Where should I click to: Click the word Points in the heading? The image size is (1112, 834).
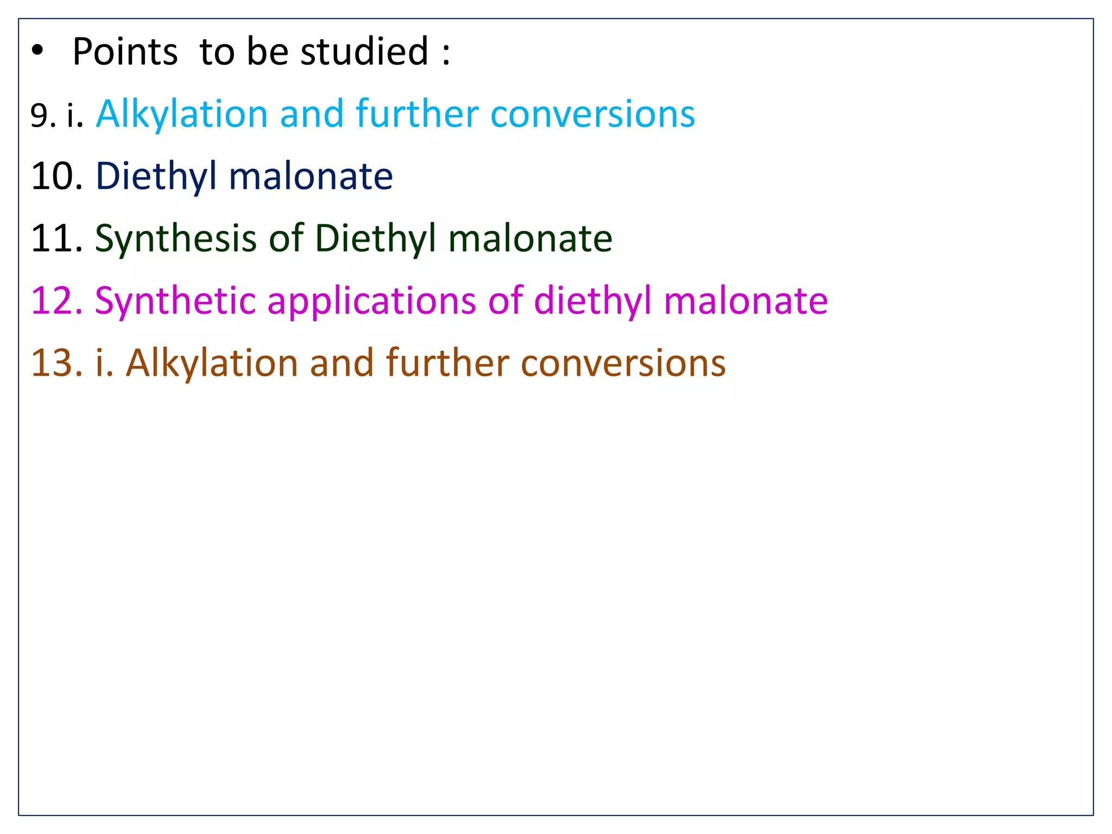pos(125,52)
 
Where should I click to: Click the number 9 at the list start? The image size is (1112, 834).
pos(40,116)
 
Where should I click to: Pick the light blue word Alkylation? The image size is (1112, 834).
pos(181,115)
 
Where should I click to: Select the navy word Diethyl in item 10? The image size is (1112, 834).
pos(156,176)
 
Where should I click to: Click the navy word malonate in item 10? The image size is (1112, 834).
pos(311,176)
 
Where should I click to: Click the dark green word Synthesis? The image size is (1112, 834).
pos(175,238)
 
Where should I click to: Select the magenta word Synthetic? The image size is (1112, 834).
pos(175,301)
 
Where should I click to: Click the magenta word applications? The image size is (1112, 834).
pos(371,302)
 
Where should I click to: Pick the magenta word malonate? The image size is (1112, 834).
pos(745,301)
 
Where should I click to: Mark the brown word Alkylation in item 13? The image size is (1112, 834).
pos(212,363)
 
